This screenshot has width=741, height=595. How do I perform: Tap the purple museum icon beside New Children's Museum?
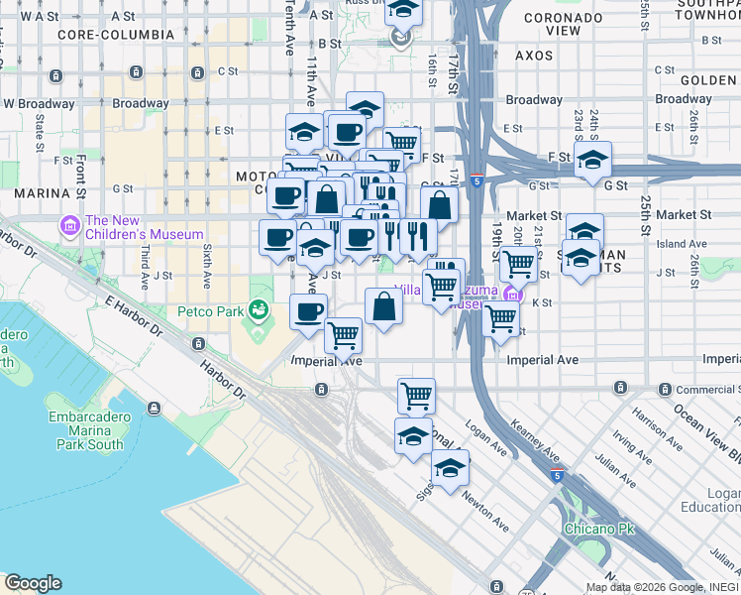(x=70, y=227)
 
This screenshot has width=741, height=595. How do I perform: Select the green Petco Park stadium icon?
(x=260, y=310)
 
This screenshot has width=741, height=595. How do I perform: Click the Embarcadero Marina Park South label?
(x=89, y=430)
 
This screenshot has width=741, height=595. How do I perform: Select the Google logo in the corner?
(x=32, y=583)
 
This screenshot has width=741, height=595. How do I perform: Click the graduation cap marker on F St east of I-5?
(x=592, y=159)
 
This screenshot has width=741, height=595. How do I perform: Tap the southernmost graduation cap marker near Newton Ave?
(x=450, y=466)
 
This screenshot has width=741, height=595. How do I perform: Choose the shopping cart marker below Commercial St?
(x=417, y=395)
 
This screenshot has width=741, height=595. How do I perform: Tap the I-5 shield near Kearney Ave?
(x=558, y=476)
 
